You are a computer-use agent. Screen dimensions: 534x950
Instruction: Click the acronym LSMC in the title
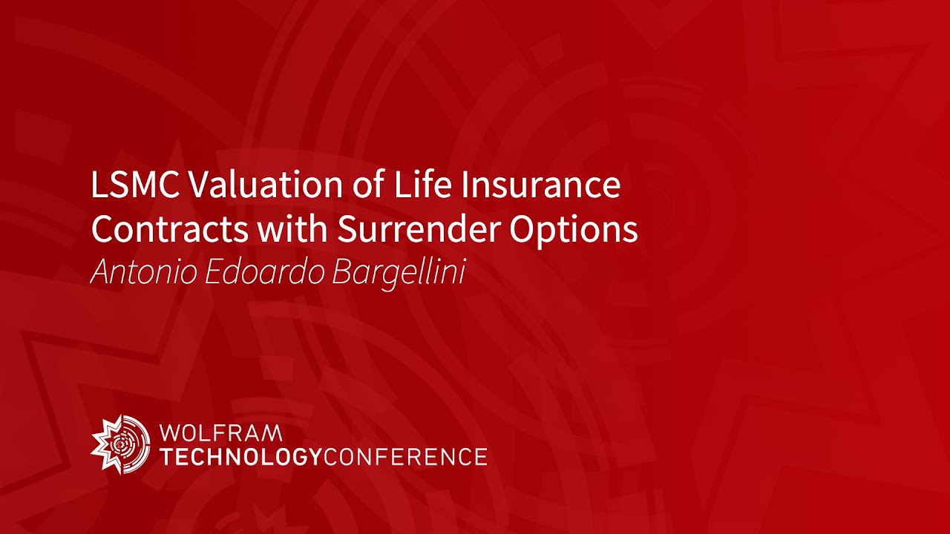click(x=134, y=185)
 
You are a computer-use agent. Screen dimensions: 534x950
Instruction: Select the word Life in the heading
click(x=419, y=185)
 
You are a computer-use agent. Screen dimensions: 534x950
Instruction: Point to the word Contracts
click(x=170, y=230)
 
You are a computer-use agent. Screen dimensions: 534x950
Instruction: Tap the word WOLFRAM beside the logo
click(x=221, y=432)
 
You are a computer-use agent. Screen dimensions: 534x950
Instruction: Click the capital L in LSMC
click(x=98, y=185)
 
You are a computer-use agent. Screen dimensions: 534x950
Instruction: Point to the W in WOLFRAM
click(x=170, y=432)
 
